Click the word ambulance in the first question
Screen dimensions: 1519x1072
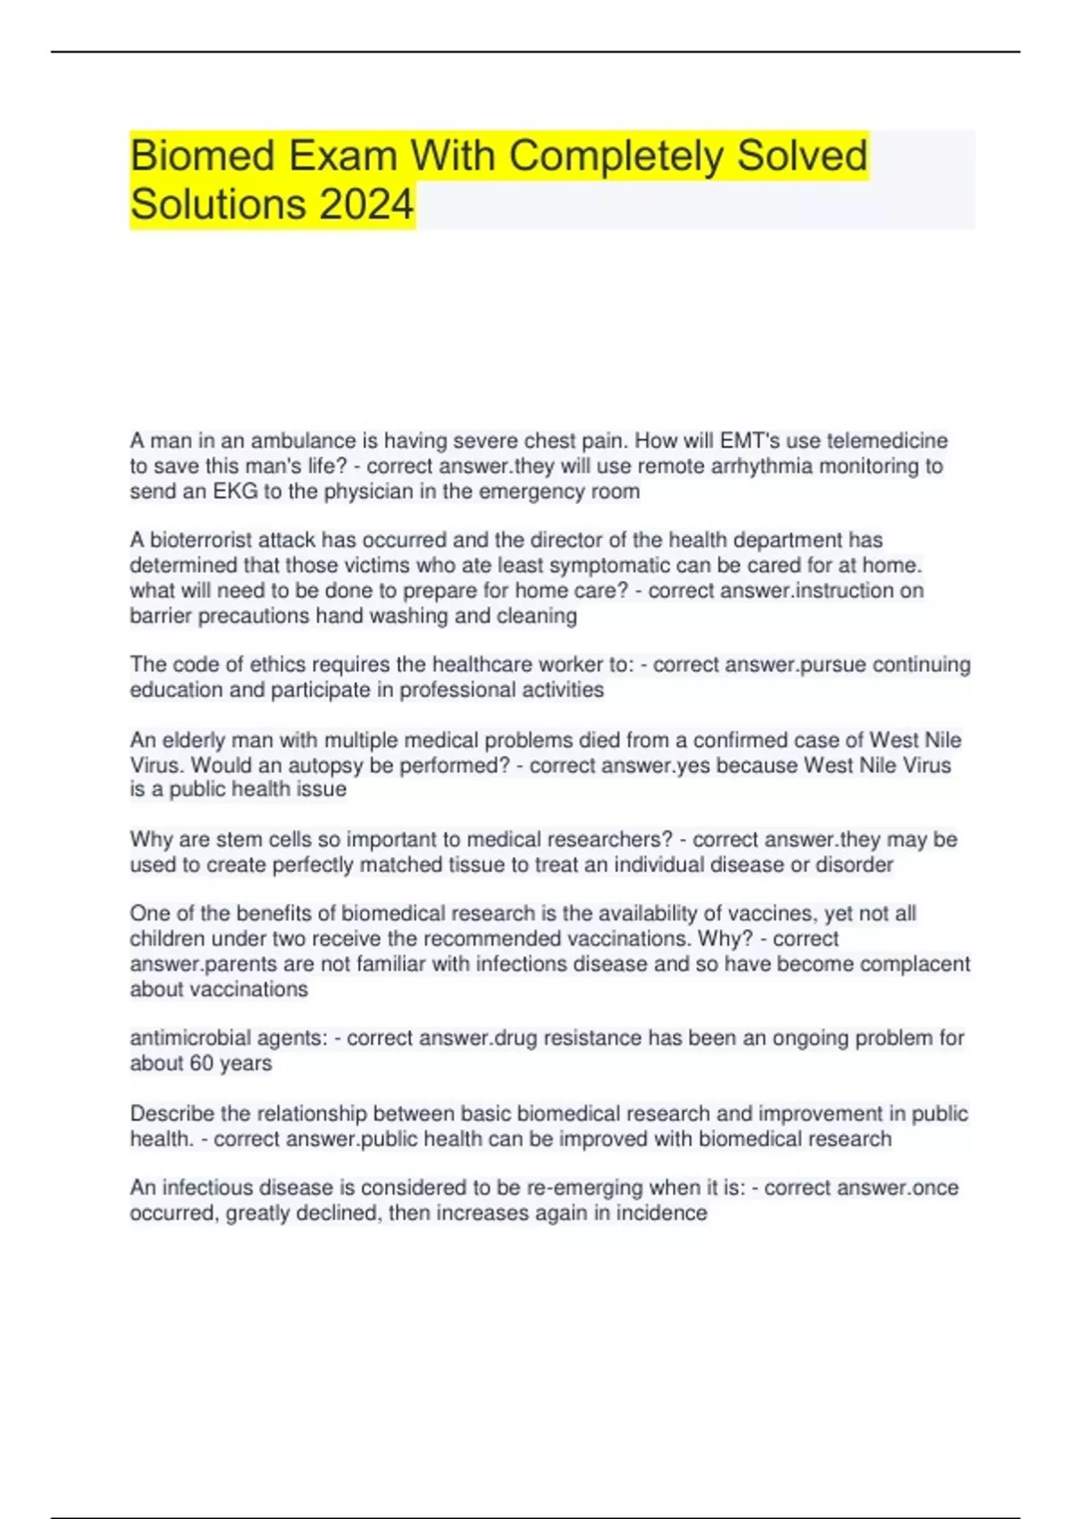303,441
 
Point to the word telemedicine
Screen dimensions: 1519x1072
887,441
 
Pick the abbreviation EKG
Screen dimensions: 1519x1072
235,491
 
